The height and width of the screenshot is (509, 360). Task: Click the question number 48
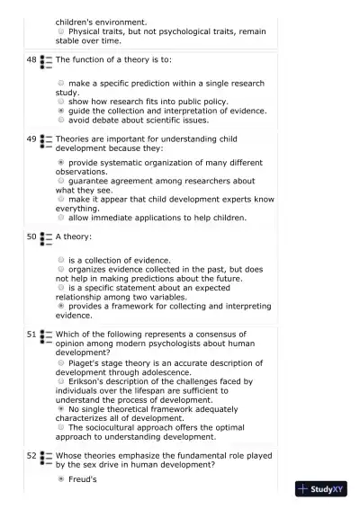(x=31, y=59)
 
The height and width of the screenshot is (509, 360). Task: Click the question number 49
(x=31, y=139)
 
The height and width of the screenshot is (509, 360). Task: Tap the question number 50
(x=31, y=237)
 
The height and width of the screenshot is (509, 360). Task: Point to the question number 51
(x=31, y=334)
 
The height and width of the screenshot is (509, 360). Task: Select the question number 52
(x=31, y=456)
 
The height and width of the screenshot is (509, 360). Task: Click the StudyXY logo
(x=321, y=489)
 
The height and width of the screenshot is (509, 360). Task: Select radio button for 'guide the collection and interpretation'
(x=61, y=111)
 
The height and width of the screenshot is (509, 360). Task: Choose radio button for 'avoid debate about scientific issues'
(x=61, y=120)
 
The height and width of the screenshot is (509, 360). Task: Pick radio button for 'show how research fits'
(x=61, y=102)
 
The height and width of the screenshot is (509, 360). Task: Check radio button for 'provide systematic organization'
(x=61, y=163)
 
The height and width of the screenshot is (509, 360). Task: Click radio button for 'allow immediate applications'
(x=61, y=217)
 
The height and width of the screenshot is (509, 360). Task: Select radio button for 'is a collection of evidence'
(x=61, y=260)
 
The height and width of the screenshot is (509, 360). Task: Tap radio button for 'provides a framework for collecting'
(x=61, y=306)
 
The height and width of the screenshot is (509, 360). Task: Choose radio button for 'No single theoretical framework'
(x=61, y=408)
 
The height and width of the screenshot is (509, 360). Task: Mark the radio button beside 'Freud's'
(x=61, y=479)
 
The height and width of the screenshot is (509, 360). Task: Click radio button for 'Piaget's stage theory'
(x=61, y=362)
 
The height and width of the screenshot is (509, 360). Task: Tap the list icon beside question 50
(x=46, y=238)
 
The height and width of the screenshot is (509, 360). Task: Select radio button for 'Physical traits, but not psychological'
(x=61, y=31)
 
